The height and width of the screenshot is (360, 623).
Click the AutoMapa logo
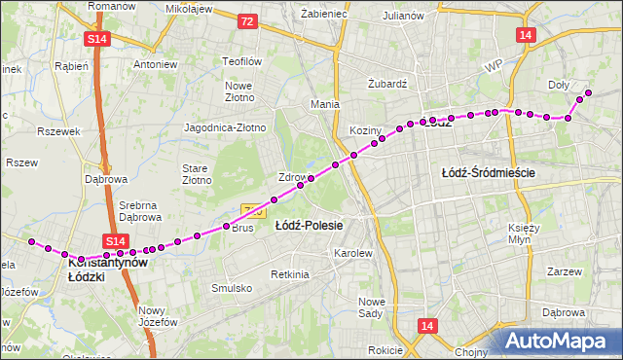(x=560, y=341)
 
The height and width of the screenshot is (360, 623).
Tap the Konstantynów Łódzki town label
(x=107, y=270)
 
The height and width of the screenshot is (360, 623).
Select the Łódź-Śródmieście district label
(x=489, y=172)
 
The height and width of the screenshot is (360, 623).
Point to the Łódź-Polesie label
(x=309, y=226)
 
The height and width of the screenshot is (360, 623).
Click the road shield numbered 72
(x=247, y=20)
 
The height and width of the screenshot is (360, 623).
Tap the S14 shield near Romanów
(x=97, y=39)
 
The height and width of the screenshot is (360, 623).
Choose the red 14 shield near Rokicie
(x=427, y=326)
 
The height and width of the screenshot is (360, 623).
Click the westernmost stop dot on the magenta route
(x=32, y=241)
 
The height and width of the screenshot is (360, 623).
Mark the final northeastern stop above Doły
(x=588, y=92)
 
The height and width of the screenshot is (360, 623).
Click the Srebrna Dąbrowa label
(x=138, y=211)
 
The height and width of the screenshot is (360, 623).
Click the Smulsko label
(x=232, y=288)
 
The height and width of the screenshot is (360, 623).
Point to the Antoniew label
(x=155, y=64)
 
